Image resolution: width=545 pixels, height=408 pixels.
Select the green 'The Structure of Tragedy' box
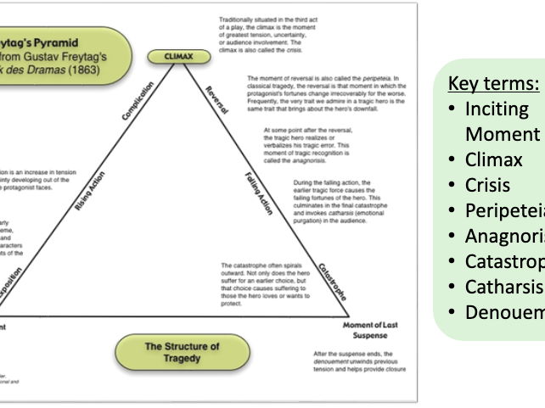coord(181,352)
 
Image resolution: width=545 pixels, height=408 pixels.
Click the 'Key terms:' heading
coord(492,84)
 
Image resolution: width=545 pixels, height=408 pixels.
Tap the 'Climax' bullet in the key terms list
coord(494,159)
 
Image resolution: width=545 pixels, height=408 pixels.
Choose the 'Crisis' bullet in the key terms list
coord(489,185)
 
